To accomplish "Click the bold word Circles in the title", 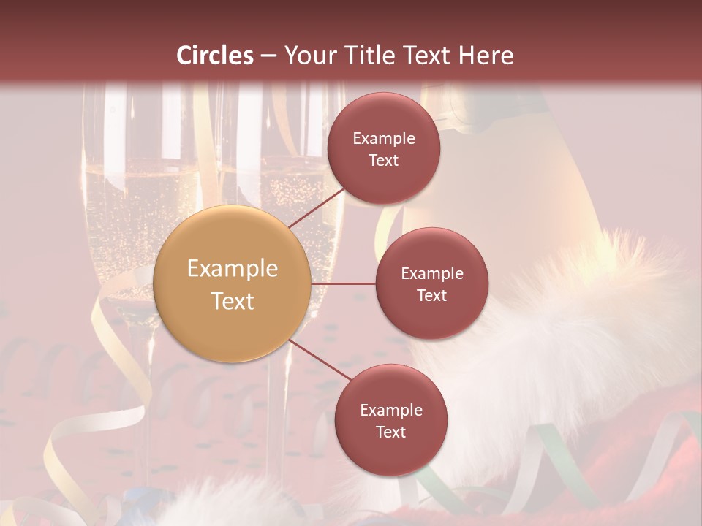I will click(215, 56).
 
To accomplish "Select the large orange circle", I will click(232, 284).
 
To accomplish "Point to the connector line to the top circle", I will click(317, 207).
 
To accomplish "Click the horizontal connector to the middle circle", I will click(343, 283).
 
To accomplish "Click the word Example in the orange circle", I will click(232, 269).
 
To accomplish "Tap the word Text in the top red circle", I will click(383, 160).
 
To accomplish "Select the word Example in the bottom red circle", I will click(390, 411).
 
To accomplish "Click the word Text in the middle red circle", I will click(431, 295).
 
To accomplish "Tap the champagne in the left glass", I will click(117, 219).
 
